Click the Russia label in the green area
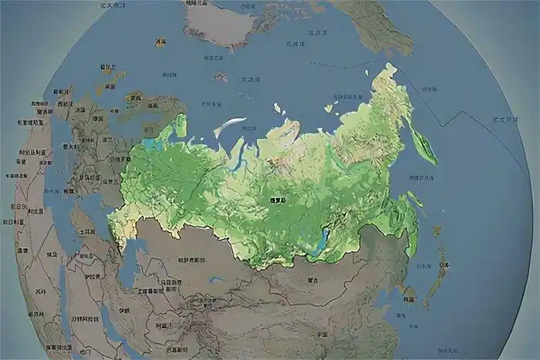tap(277, 200)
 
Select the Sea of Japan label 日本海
tap(424, 265)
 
